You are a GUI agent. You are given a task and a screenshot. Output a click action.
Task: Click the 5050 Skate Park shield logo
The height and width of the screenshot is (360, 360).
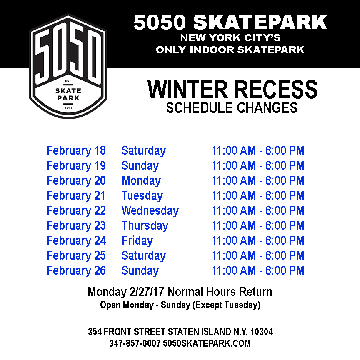(68, 66)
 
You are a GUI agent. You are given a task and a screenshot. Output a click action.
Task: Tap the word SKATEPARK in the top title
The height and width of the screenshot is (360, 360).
(260, 22)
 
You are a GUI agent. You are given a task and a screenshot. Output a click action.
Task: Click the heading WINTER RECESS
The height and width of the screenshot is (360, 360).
(232, 89)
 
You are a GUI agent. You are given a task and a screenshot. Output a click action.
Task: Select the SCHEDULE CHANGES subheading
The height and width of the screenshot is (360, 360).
(232, 107)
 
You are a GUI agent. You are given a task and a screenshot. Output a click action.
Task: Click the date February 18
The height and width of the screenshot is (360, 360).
(76, 151)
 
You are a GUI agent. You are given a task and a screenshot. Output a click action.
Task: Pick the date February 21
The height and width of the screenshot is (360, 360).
(76, 196)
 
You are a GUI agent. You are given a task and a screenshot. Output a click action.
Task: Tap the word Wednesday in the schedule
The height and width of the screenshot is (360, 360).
(150, 211)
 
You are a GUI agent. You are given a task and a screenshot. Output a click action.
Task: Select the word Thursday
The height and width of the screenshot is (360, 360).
(145, 226)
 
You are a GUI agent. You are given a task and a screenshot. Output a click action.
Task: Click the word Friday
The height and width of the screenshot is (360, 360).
(137, 241)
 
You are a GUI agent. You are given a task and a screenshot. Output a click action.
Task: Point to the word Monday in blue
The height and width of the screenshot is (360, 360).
(141, 181)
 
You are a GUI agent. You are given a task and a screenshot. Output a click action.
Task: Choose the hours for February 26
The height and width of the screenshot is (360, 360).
(258, 270)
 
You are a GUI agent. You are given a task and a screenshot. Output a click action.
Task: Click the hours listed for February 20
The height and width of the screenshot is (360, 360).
(258, 180)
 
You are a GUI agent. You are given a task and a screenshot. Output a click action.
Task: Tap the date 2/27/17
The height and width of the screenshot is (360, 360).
(147, 292)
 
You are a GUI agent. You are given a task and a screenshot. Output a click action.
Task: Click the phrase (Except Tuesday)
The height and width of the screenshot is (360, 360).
(226, 305)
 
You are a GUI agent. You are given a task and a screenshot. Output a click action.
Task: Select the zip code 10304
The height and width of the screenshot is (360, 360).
(262, 332)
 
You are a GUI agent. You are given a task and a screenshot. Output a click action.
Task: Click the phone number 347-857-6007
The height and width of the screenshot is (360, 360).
(135, 343)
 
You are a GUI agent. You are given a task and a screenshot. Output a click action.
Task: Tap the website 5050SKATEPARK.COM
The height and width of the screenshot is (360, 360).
(207, 343)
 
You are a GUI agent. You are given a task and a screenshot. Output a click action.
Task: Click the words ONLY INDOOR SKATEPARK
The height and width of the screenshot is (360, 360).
(230, 50)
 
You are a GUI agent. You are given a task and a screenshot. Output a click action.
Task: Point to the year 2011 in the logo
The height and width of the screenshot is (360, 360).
(68, 107)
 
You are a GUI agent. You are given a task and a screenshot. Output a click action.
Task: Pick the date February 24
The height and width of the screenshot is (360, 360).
(76, 241)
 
